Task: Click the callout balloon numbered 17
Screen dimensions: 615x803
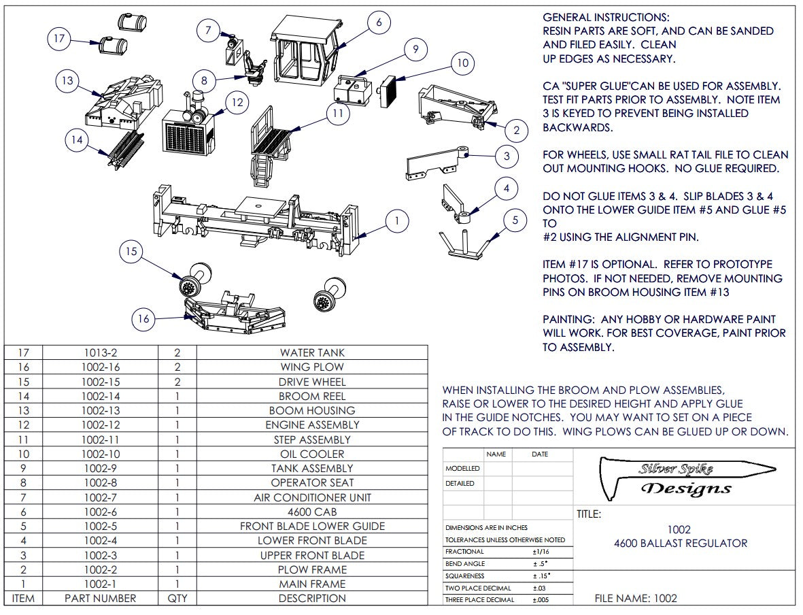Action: click(x=59, y=39)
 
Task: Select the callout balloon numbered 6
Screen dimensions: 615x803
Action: click(x=379, y=22)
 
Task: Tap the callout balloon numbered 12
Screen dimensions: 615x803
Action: click(x=236, y=103)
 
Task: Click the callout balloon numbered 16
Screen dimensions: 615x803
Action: click(x=143, y=318)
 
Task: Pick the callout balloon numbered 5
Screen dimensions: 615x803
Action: click(x=515, y=220)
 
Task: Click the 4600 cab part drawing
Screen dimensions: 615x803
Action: click(x=305, y=51)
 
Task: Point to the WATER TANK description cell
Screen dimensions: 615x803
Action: click(x=312, y=352)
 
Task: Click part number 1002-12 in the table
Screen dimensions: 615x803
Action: click(x=100, y=425)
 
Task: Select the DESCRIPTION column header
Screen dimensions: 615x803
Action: click(x=312, y=599)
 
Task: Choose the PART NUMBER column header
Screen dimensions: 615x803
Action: click(x=100, y=599)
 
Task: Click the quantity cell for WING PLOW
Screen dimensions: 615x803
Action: click(x=177, y=367)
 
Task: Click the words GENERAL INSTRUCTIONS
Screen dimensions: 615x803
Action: click(x=606, y=18)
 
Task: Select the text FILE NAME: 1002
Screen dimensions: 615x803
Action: click(x=636, y=599)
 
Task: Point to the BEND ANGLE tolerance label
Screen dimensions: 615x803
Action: click(x=465, y=564)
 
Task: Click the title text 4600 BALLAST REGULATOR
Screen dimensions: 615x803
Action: click(x=680, y=543)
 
